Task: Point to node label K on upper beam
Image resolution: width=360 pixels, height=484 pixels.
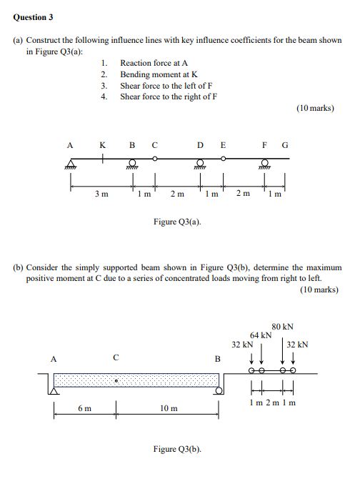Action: (104, 144)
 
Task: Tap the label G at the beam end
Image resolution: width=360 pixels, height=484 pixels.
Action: (285, 144)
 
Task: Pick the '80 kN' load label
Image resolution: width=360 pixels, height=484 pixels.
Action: (283, 327)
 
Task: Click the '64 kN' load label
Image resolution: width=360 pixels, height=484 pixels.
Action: (261, 335)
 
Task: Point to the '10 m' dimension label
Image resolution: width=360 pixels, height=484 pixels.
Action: (169, 409)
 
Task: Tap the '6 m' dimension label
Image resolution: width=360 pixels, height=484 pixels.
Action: (85, 409)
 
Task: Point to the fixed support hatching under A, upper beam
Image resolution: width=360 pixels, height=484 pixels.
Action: (70, 165)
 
